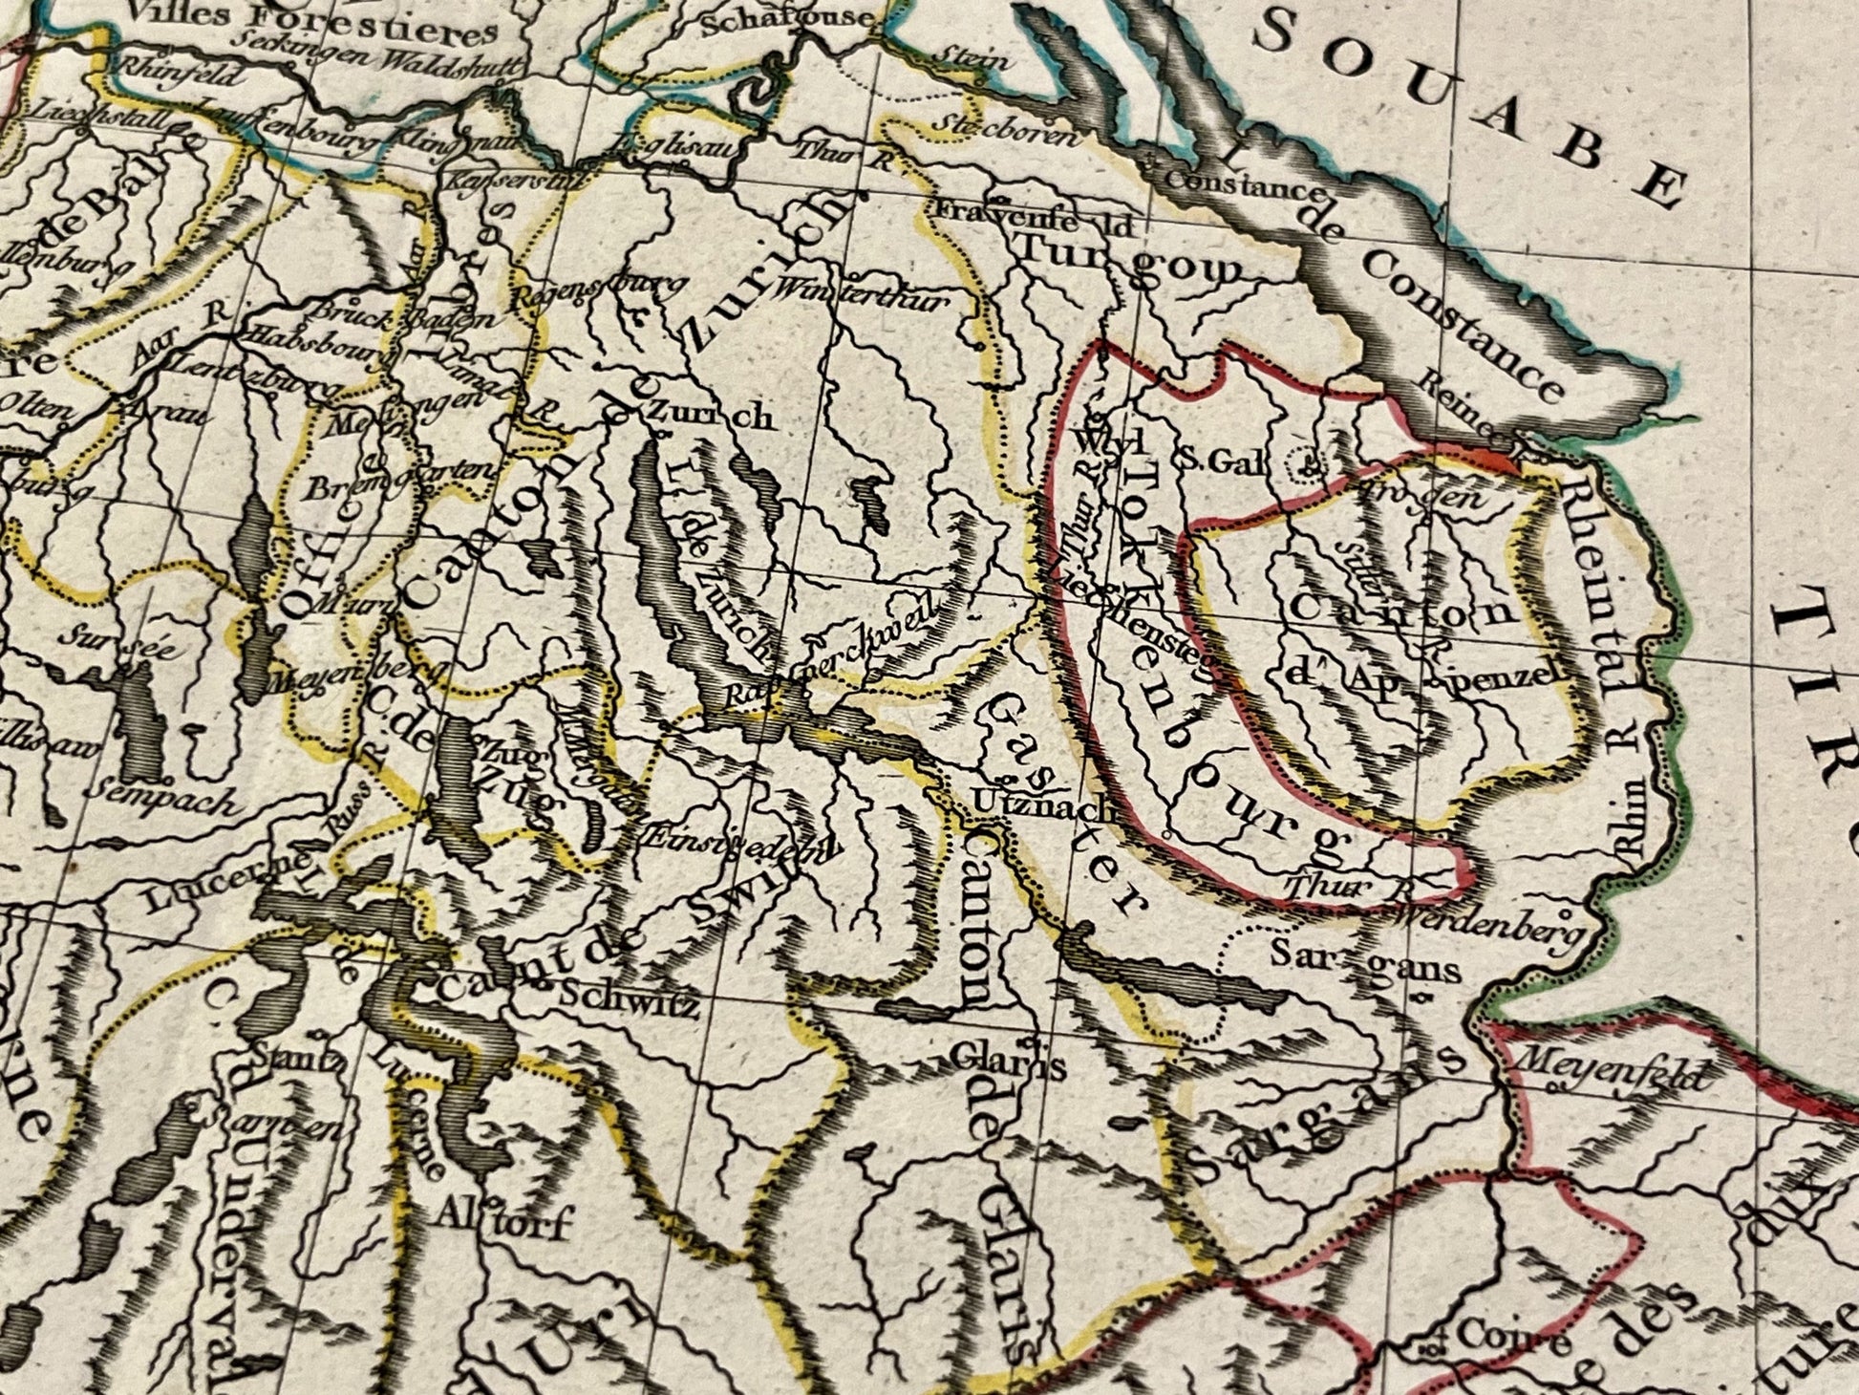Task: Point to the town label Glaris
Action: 1007,1059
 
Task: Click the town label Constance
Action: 1241,182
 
